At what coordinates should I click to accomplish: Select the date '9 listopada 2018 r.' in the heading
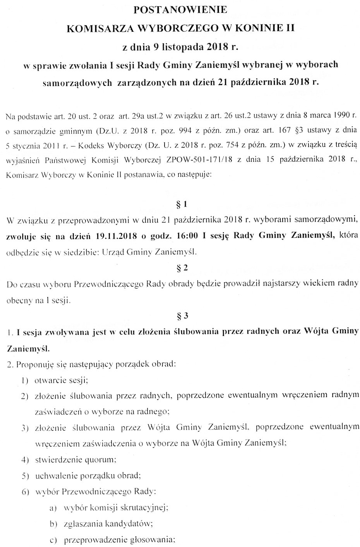[x=192, y=48]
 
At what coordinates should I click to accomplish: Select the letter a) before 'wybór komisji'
[x=53, y=508]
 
